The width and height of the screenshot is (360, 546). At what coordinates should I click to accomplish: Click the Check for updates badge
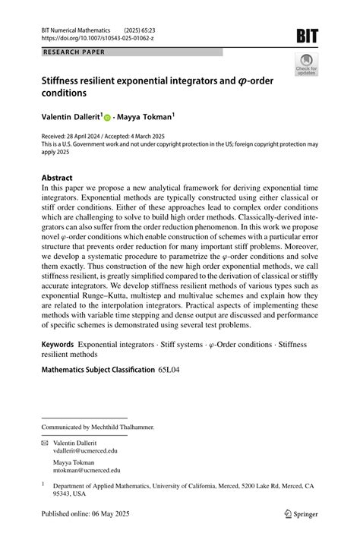tap(307, 66)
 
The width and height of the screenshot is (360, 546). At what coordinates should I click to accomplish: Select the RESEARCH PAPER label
tap(74, 52)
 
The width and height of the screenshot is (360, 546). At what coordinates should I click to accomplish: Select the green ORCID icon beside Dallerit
tap(107, 118)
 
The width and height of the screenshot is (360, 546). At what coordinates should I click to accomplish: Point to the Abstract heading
tap(57, 178)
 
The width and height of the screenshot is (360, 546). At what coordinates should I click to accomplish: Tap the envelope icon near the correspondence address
tap(46, 440)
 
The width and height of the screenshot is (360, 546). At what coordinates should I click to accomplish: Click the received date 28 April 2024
tap(89, 138)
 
